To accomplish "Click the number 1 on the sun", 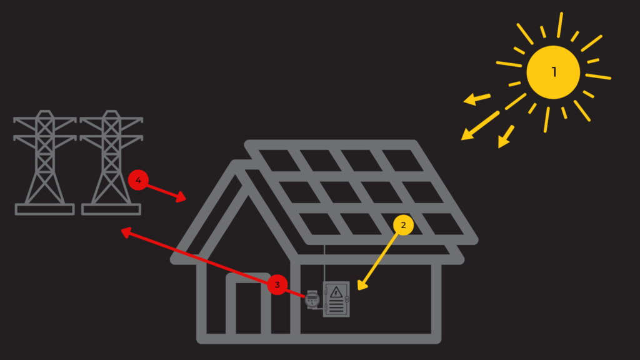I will (554, 72).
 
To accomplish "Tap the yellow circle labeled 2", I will (403, 226).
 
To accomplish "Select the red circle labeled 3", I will (277, 286).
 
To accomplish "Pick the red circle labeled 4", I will (138, 181).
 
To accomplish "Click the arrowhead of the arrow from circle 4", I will (182, 198).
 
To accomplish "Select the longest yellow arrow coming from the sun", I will (481, 125).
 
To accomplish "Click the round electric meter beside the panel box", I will (312, 299).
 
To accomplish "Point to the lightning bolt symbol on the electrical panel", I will (336, 291).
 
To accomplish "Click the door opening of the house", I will (248, 309).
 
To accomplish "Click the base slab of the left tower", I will (44, 209).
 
